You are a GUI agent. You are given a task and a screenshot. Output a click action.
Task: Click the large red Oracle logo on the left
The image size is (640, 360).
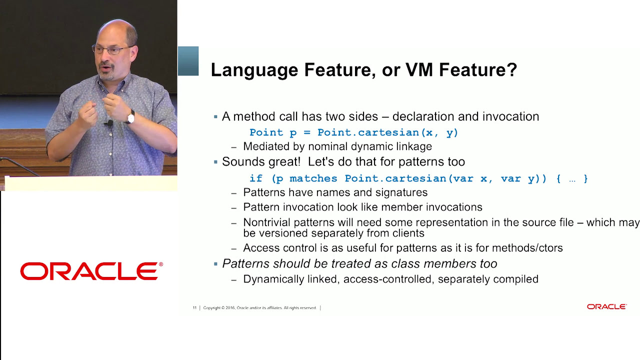click(91, 271)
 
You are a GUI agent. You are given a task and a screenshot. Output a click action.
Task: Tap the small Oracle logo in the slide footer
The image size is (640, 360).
click(606, 306)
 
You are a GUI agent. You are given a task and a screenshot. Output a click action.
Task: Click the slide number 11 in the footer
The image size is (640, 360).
click(194, 308)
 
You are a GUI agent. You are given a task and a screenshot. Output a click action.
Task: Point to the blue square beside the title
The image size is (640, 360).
click(188, 61)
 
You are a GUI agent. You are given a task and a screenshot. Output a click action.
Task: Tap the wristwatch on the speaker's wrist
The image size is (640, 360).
click(131, 117)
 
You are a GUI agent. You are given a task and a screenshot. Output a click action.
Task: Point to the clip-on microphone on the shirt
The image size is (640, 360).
click(109, 123)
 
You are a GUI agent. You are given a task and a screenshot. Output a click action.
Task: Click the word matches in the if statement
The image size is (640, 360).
click(314, 178)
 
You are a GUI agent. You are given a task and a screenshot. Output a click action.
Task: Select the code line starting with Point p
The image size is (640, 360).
click(353, 132)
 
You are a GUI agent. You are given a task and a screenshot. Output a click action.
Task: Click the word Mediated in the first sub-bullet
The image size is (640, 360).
click(265, 146)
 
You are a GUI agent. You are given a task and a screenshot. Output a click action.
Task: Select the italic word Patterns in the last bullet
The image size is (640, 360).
click(244, 263)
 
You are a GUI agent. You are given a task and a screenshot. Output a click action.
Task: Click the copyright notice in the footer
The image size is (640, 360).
click(260, 308)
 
